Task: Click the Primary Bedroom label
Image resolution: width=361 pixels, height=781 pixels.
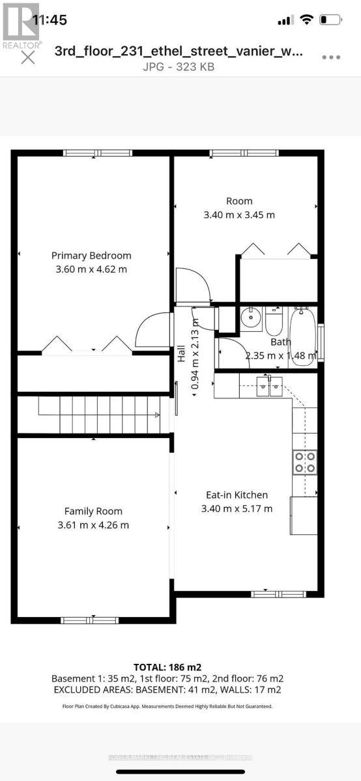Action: tap(91, 256)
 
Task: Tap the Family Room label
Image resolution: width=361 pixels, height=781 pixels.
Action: tap(93, 512)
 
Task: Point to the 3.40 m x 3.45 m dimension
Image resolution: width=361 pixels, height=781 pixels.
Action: tap(239, 215)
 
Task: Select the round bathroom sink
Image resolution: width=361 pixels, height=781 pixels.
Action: tap(249, 320)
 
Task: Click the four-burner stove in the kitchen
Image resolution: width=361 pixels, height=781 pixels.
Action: tap(304, 462)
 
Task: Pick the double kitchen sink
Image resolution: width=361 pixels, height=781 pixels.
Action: tap(269, 386)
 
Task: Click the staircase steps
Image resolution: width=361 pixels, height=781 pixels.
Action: tap(98, 415)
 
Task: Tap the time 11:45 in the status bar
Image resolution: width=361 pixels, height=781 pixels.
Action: tap(50, 20)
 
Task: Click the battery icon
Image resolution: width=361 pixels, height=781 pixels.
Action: tap(332, 20)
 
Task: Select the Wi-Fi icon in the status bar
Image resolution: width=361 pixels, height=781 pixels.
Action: tap(306, 20)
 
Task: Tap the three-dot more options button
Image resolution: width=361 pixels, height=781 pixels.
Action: tap(331, 57)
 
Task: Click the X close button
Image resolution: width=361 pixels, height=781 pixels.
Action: tap(27, 58)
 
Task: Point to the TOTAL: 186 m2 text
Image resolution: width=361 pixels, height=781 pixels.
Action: tap(167, 667)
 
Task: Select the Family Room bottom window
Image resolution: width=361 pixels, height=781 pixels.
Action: tap(93, 620)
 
